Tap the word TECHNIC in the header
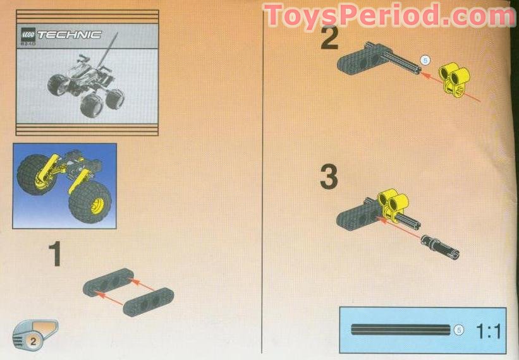tap(70, 35)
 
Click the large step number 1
tap(55, 254)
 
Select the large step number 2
tap(329, 39)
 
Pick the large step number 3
tap(329, 177)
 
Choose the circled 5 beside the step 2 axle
tap(425, 60)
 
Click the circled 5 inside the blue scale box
tap(458, 329)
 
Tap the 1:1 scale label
tap(487, 330)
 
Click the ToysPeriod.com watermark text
tap(389, 16)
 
